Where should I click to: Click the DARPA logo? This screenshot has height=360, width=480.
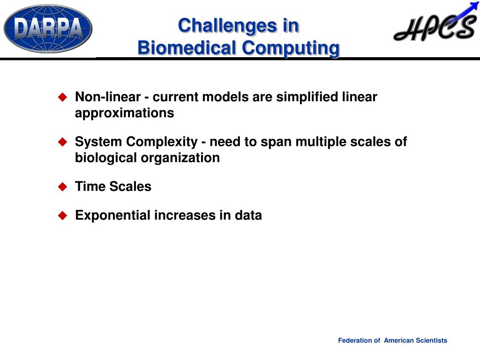coord(48,29)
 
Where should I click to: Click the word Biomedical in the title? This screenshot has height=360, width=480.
coord(187,48)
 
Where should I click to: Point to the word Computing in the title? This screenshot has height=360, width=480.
coord(291,49)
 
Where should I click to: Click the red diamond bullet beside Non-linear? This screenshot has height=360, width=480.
coord(62,97)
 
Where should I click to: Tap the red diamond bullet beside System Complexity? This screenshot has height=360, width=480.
coord(62,142)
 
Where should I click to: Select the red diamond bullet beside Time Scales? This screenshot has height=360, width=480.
coord(62,187)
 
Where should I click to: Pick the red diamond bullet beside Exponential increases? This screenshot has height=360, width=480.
coord(62,216)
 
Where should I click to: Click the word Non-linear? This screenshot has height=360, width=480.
coord(108,97)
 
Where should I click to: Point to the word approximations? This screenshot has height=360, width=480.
coord(125,113)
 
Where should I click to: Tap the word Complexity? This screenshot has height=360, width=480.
coord(162,142)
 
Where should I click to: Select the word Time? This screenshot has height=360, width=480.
coord(90,187)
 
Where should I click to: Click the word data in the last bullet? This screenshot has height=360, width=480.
coord(248,215)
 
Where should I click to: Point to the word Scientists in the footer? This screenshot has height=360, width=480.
coord(431,340)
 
